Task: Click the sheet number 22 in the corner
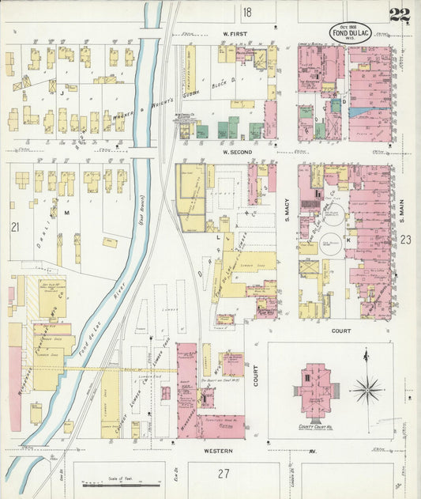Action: pyautogui.click(x=399, y=13)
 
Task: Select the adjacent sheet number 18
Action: pyautogui.click(x=247, y=12)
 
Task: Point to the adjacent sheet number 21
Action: pyautogui.click(x=14, y=227)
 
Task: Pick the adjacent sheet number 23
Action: pyautogui.click(x=405, y=240)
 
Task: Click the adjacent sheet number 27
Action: pyautogui.click(x=224, y=474)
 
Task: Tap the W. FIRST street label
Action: pyautogui.click(x=235, y=34)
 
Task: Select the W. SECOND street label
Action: pyautogui.click(x=236, y=151)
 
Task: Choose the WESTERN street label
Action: pyautogui.click(x=217, y=451)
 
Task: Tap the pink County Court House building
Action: pyautogui.click(x=315, y=389)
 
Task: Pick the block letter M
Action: pyautogui.click(x=66, y=213)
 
